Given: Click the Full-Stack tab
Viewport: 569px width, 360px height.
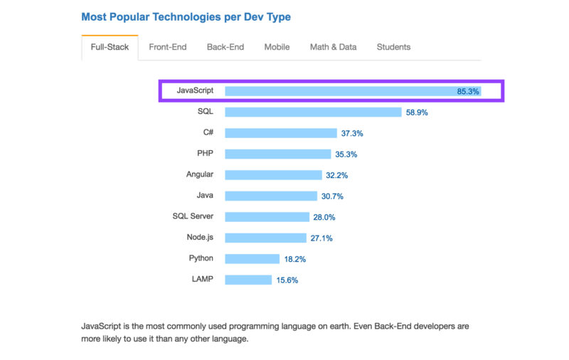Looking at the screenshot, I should [109, 47].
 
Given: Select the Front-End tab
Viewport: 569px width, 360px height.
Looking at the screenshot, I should [168, 47].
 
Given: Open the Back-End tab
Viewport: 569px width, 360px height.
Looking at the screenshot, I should [225, 47].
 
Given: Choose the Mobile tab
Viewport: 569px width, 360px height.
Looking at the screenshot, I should [277, 47].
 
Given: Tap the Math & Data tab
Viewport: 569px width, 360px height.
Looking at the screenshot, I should [333, 47].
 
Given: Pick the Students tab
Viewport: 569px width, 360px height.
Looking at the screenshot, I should [393, 47].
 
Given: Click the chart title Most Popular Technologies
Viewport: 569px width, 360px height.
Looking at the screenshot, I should [186, 16].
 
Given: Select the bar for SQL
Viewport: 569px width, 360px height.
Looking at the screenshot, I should [313, 112].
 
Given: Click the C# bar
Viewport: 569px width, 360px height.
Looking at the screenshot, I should [281, 133].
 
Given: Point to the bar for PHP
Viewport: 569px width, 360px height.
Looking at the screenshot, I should [278, 154].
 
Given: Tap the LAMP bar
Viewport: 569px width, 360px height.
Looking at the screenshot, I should [248, 280].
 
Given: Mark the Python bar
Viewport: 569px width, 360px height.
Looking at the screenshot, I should [252, 259].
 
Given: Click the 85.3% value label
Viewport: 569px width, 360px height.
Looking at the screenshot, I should [469, 91].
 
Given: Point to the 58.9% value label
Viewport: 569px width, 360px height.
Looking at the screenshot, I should [417, 112].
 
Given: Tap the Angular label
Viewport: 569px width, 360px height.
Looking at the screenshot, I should [200, 174].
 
